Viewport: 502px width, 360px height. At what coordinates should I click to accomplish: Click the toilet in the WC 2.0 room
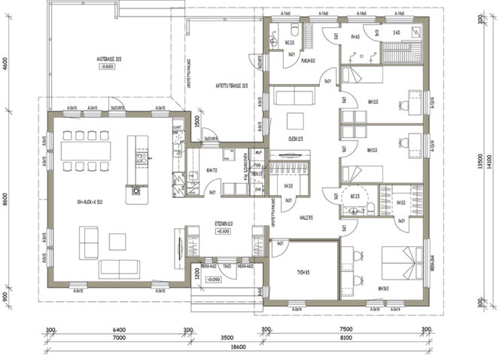click(x=287, y=32)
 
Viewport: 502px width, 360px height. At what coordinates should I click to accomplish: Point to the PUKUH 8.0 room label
click(x=307, y=61)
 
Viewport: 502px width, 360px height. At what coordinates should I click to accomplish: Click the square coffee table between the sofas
click(x=117, y=241)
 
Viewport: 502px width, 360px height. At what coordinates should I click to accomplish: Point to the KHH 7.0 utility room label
click(x=211, y=170)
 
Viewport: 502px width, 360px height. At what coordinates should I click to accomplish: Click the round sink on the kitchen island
click(x=137, y=191)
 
